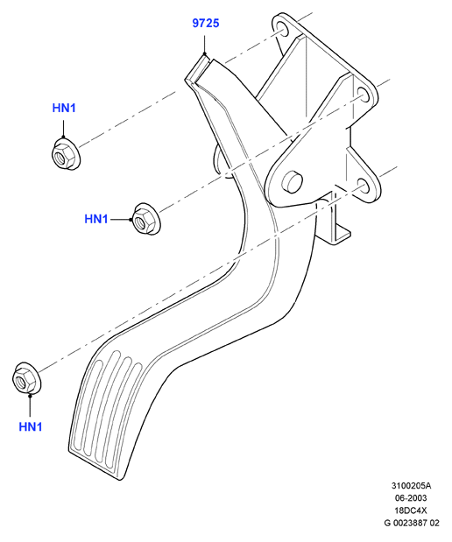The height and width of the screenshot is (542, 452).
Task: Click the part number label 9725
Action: tap(206, 23)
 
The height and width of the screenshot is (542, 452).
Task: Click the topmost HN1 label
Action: tap(64, 108)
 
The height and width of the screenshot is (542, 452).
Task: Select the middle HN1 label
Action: tap(96, 219)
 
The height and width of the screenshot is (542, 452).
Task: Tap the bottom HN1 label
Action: tap(31, 426)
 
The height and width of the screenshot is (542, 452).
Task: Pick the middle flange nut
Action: tap(146, 219)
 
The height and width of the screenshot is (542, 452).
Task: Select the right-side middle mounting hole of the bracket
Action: tap(364, 94)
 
